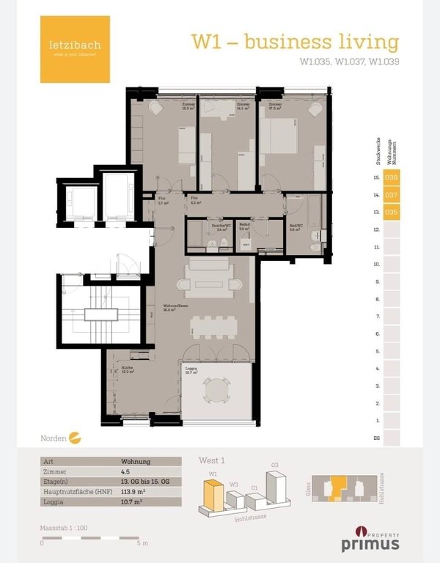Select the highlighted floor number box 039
coord(392,177)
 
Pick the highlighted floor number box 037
coord(392,195)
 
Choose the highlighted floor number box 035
coord(392,213)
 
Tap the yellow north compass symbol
coord(74,439)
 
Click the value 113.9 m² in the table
coord(132,493)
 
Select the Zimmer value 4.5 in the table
coord(126,473)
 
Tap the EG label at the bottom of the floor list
coord(376,438)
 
